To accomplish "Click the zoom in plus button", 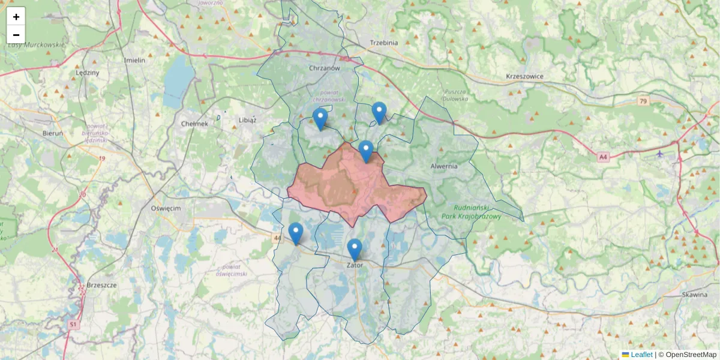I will [x=16, y=16].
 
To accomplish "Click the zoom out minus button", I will [x=16, y=35].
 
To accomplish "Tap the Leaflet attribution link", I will [x=641, y=355].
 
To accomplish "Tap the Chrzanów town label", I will [x=325, y=68].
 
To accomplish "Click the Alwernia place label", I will [x=444, y=166].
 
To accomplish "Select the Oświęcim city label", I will [x=166, y=208].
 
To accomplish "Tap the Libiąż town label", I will [x=247, y=119].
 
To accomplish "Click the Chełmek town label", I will [x=194, y=124].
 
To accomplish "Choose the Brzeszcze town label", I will [x=101, y=285].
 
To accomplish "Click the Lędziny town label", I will [x=88, y=73].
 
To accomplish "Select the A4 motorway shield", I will [x=603, y=157].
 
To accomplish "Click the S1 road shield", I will [x=73, y=325].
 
